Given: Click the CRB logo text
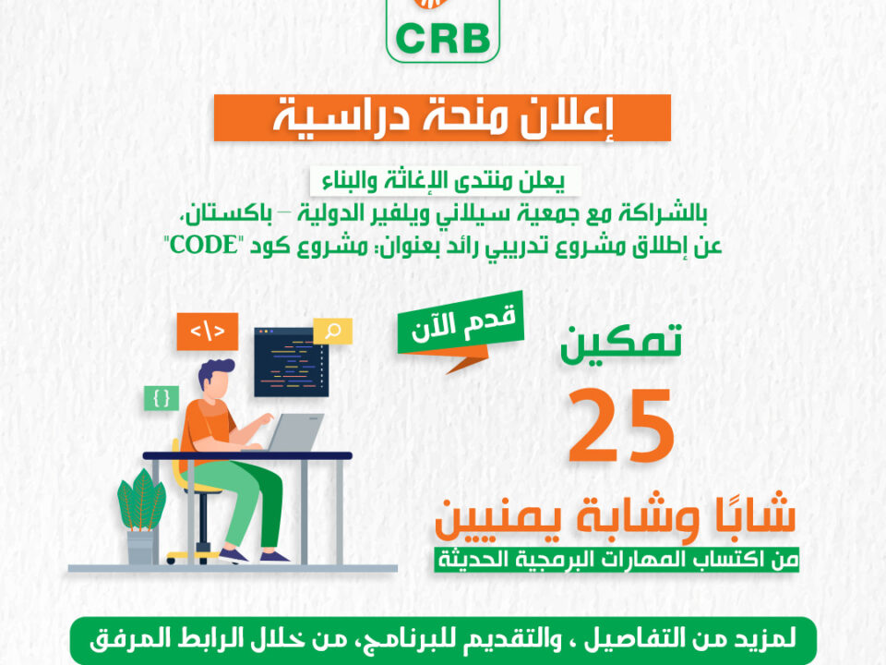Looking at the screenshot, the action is click(443, 39).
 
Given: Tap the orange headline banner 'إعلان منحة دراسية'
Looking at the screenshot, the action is click(442, 117).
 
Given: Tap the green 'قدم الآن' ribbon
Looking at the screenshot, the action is click(461, 324).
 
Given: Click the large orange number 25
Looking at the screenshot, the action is click(621, 425).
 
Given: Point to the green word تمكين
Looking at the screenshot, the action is click(621, 343).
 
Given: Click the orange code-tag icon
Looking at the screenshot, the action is click(208, 332).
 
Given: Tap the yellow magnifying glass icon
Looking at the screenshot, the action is click(333, 331).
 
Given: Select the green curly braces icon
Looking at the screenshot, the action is click(162, 398).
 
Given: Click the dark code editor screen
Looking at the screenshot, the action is click(291, 362).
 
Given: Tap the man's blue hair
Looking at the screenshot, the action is click(215, 370).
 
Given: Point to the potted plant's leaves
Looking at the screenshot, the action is click(141, 500).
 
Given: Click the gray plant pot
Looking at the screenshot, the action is click(140, 547).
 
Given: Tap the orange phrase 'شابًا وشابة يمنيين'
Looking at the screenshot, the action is click(616, 518).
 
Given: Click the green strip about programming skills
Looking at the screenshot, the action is click(617, 560).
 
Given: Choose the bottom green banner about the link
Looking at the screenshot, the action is click(444, 640).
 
